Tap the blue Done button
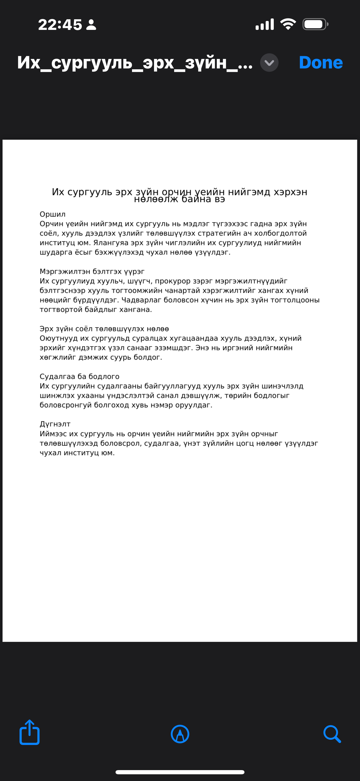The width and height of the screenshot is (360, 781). coord(321,63)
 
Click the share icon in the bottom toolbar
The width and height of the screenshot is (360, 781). coord(29,733)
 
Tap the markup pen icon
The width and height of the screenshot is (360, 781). coord(180,734)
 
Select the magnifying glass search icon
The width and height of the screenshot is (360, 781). coord(332,734)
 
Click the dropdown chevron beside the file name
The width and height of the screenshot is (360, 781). coord(269,63)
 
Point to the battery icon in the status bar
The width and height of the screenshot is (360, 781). coord(315,24)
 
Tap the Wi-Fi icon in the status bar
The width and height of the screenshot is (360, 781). coord(288,24)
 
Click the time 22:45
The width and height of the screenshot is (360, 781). coord(60,25)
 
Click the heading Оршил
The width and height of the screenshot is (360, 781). coord(52,214)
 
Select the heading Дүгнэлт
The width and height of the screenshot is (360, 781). coord(55,424)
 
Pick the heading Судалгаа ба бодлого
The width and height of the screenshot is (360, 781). coord(79,376)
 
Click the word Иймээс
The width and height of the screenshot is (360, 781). coord(53,434)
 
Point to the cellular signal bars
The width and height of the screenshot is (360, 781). coord(265,24)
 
